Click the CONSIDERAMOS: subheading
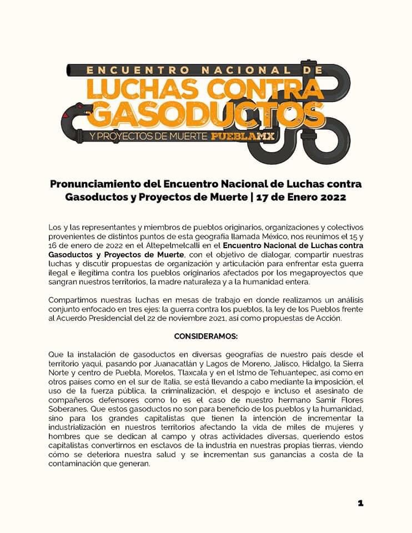pyautogui.click(x=205, y=336)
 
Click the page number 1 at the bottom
pyautogui.click(x=360, y=503)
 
